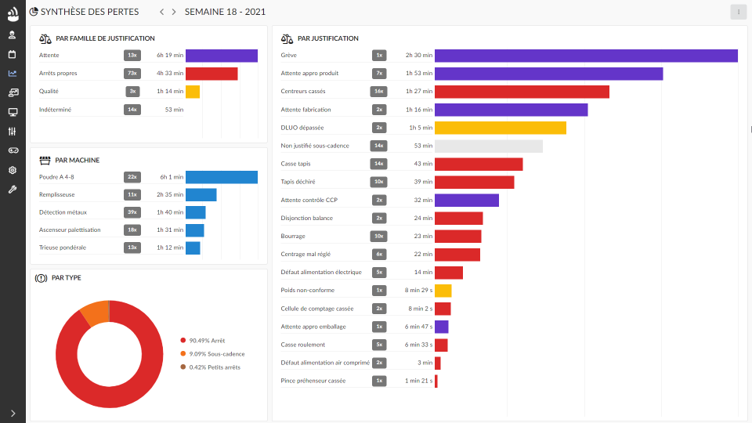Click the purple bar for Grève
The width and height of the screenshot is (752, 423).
coord(586,56)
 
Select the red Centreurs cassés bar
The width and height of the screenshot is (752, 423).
coord(522,92)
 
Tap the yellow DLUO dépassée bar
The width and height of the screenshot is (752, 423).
coord(500,128)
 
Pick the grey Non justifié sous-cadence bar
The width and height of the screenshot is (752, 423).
coord(488,146)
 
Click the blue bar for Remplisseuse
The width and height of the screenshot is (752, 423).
coord(201,194)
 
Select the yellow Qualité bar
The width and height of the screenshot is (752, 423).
coord(193,92)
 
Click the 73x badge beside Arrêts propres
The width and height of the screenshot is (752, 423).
coord(132,74)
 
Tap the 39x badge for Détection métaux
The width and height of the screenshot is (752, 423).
coord(132,212)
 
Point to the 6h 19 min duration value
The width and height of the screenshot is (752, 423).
coord(170,56)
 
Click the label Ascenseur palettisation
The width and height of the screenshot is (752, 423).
coord(70,230)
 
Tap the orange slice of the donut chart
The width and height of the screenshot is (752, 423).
coord(94,313)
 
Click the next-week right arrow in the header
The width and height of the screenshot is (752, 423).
coord(174,12)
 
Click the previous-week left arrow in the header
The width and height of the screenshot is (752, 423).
coord(161,12)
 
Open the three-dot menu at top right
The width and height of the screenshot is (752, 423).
coord(738,12)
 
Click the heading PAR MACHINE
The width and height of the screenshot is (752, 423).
coord(77,160)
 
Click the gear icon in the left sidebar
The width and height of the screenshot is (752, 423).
coord(13,170)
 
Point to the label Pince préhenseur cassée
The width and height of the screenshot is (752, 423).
coord(313,381)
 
